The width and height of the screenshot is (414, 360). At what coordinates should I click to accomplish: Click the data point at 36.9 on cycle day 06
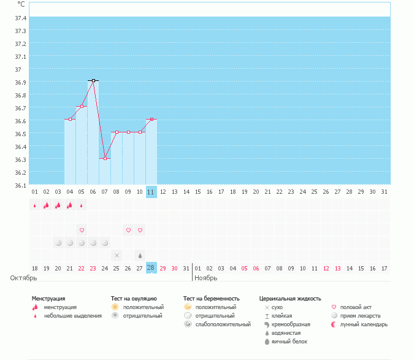(x=93, y=80)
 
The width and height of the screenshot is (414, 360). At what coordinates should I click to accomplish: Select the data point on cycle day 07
(x=105, y=158)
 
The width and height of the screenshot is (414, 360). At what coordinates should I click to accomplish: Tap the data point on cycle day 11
(x=151, y=119)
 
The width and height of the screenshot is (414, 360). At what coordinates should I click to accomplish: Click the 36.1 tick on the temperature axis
(x=20, y=185)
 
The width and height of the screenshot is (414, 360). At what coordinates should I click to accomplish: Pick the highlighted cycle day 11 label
(x=151, y=192)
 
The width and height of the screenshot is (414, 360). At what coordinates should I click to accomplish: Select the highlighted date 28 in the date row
(x=151, y=267)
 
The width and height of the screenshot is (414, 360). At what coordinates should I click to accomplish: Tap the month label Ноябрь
(x=206, y=278)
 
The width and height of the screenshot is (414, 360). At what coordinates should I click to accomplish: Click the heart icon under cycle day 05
(x=82, y=230)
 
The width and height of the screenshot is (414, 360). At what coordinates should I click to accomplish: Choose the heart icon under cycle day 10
(x=140, y=230)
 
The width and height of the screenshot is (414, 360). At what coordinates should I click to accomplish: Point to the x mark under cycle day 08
(x=117, y=255)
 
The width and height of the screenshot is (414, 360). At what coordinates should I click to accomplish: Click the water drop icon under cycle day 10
(x=140, y=255)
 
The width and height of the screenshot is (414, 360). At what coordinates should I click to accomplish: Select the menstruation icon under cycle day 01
(x=35, y=205)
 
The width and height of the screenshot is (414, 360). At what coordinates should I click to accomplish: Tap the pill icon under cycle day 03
(x=58, y=243)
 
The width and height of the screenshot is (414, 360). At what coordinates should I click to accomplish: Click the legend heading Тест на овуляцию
(x=134, y=299)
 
